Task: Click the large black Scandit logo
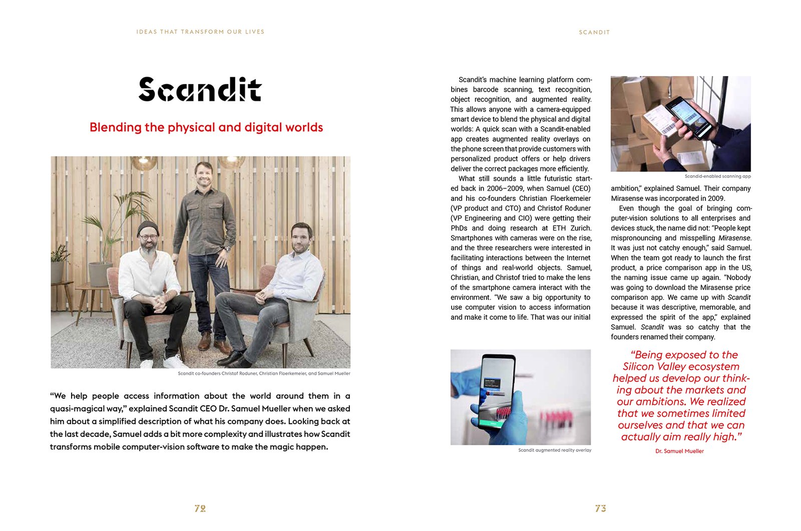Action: click(200, 90)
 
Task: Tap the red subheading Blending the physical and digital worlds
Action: click(206, 127)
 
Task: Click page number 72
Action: click(200, 508)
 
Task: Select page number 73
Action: click(601, 508)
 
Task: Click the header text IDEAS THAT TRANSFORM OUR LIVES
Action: click(200, 32)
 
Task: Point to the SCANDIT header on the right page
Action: click(594, 32)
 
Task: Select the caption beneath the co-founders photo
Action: click(264, 374)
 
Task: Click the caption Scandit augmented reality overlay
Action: click(555, 450)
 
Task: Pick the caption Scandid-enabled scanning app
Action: click(717, 176)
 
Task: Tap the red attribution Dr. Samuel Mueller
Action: click(679, 451)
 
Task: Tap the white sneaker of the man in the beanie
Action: click(147, 363)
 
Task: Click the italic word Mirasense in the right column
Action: click(734, 238)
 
